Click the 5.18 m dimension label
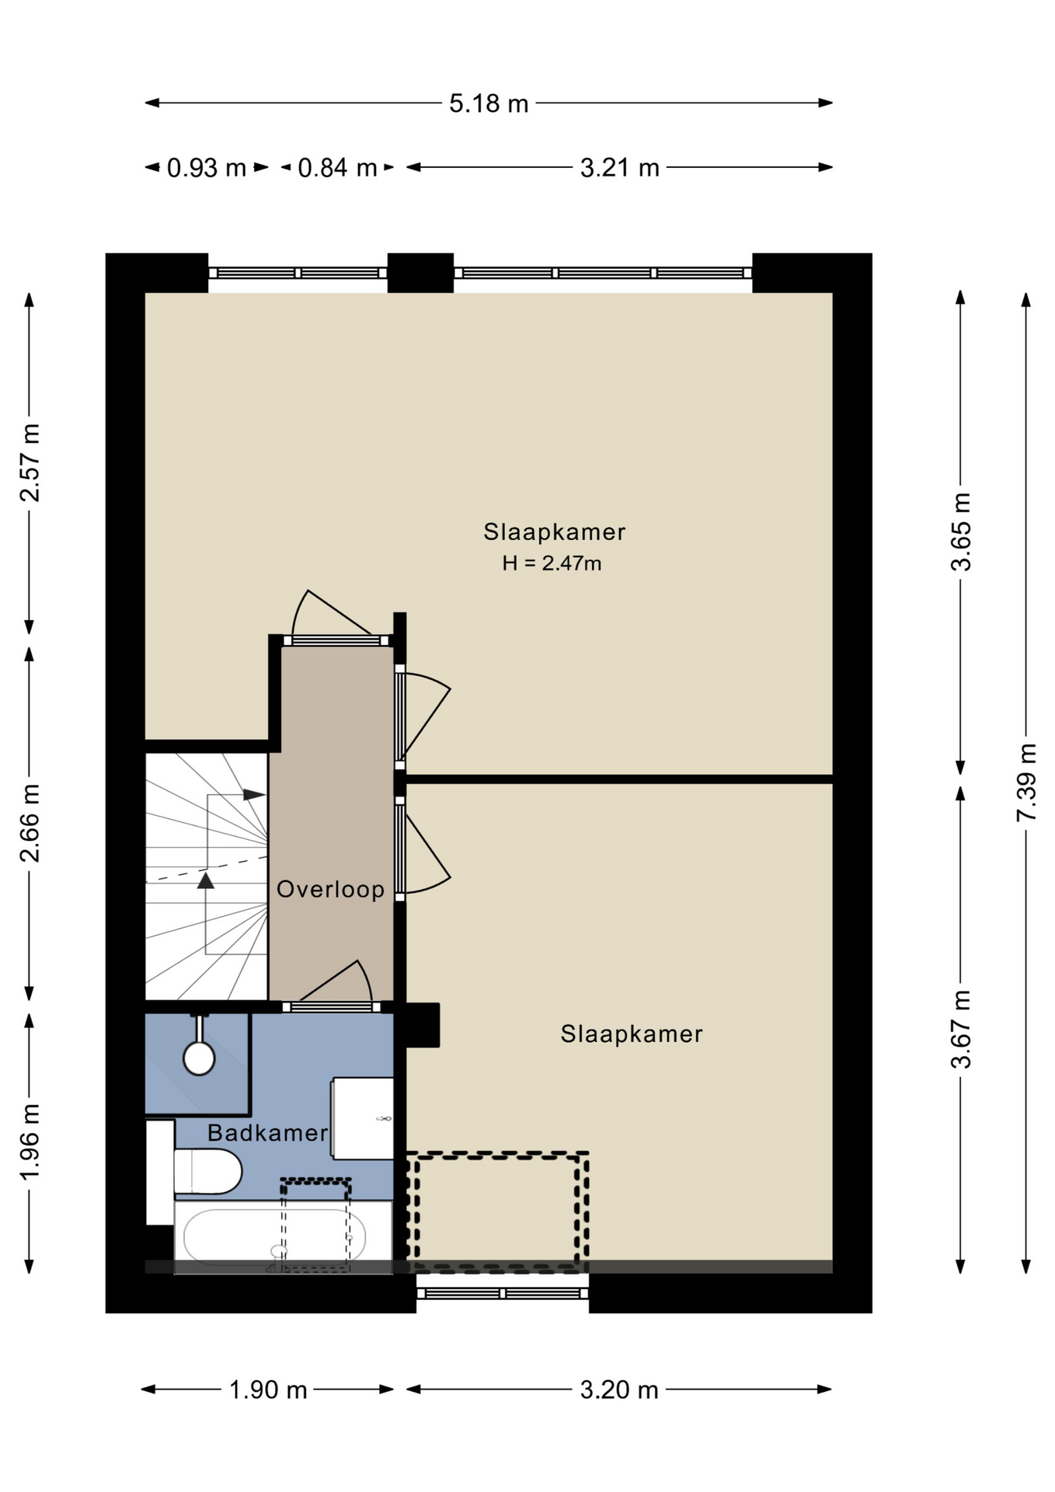pos(489,103)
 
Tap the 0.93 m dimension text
pos(207,168)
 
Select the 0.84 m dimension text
pos(337,168)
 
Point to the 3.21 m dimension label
pos(619,168)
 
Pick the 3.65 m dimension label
pos(961,532)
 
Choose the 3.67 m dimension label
pos(961,1030)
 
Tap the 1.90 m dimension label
pos(268,1389)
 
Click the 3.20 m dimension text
pos(619,1389)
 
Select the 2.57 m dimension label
pos(30,463)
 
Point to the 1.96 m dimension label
pos(30,1142)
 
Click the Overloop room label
pos(331,889)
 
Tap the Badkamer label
pos(268,1133)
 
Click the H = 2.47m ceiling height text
pos(552,563)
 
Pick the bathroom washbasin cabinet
pos(362,1118)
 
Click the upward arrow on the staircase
pos(206,880)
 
